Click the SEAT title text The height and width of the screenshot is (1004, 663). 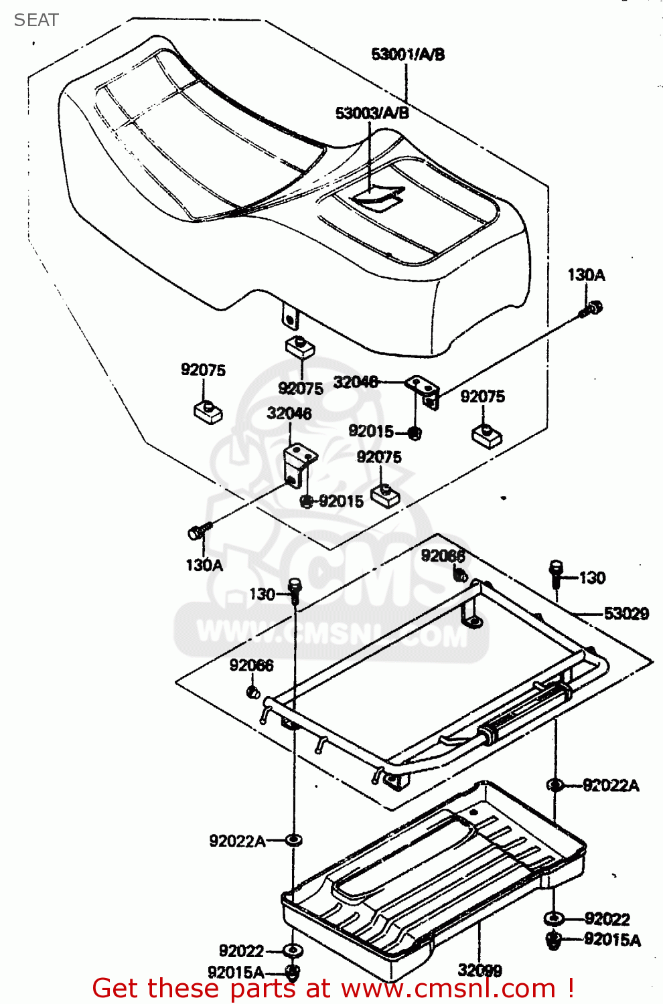coord(36,20)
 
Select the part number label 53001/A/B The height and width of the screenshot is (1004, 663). coord(408,55)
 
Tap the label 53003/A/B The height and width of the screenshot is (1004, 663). coord(372,113)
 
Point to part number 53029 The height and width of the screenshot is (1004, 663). coord(626,613)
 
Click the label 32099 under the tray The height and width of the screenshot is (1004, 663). coord(480,970)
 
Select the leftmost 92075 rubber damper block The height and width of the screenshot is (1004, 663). coord(208,410)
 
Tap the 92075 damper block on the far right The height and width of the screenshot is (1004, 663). coord(487,434)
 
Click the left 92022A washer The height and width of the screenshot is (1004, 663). coord(293,839)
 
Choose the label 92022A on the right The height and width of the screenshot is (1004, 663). coord(611,785)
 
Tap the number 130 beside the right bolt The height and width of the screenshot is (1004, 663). coord(592,578)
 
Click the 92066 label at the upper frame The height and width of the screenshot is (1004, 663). coord(443,556)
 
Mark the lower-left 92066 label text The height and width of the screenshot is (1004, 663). coord(251,665)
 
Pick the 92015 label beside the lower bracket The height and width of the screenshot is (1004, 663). coord(341,501)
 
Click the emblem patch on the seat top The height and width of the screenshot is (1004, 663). coord(380,196)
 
